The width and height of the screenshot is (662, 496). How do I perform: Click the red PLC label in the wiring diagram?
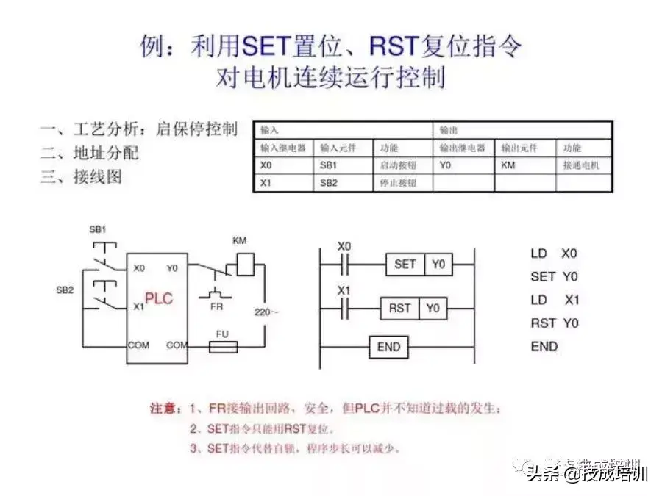pyautogui.click(x=158, y=299)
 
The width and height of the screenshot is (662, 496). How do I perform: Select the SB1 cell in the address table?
pyautogui.click(x=329, y=165)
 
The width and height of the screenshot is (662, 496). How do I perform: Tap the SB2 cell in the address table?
pyautogui.click(x=329, y=183)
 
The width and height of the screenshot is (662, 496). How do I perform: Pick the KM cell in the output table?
pyautogui.click(x=508, y=165)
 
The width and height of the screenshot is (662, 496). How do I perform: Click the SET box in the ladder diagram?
pyautogui.click(x=405, y=264)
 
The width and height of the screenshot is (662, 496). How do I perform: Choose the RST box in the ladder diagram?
pyautogui.click(x=399, y=308)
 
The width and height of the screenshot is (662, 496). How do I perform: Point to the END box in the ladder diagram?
pyautogui.click(x=388, y=347)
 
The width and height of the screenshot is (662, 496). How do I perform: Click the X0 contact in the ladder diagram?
pyautogui.click(x=344, y=263)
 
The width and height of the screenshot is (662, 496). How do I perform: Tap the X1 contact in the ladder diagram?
pyautogui.click(x=344, y=308)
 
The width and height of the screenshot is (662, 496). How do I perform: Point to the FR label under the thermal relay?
pyautogui.click(x=216, y=306)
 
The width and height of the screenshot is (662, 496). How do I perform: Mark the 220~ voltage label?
pyautogui.click(x=266, y=312)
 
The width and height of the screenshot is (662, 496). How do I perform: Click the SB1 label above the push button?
pyautogui.click(x=98, y=229)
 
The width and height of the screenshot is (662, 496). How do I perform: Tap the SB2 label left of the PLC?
pyautogui.click(x=65, y=290)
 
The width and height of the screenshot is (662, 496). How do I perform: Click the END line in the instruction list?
pyautogui.click(x=544, y=346)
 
